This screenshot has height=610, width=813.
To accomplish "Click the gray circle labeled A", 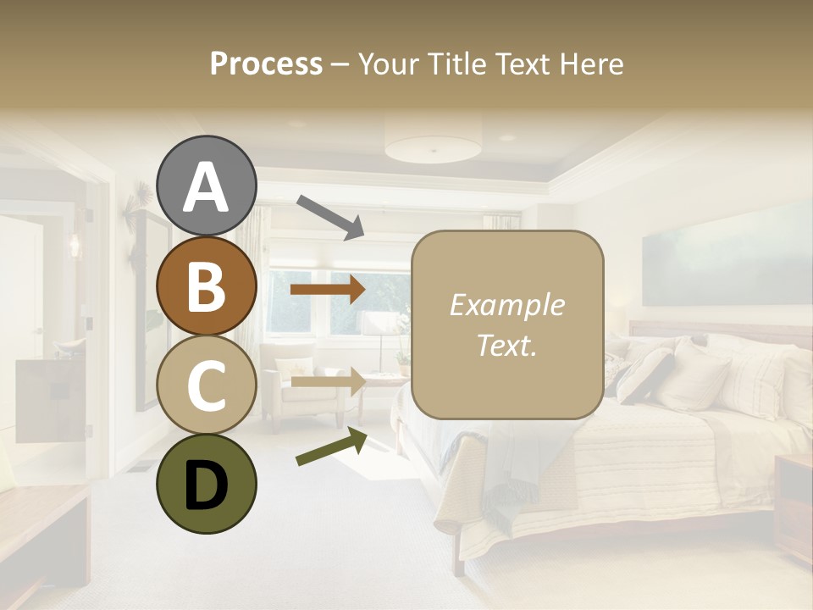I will click(x=206, y=186).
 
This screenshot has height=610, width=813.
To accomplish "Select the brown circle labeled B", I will click(x=206, y=286).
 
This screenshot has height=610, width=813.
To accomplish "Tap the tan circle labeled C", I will click(x=206, y=385).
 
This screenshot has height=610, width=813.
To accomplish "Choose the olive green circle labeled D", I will click(x=206, y=484).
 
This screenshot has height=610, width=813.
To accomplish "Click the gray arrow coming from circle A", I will click(x=330, y=217).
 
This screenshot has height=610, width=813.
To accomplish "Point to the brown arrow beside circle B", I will click(x=328, y=290).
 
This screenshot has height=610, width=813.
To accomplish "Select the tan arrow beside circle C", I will click(x=328, y=381).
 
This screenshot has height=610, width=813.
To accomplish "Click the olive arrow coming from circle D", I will click(x=331, y=446).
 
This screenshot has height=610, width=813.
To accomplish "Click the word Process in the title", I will click(x=266, y=64).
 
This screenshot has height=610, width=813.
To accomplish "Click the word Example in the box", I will click(x=506, y=305).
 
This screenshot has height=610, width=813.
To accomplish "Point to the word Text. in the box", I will click(x=506, y=345).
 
